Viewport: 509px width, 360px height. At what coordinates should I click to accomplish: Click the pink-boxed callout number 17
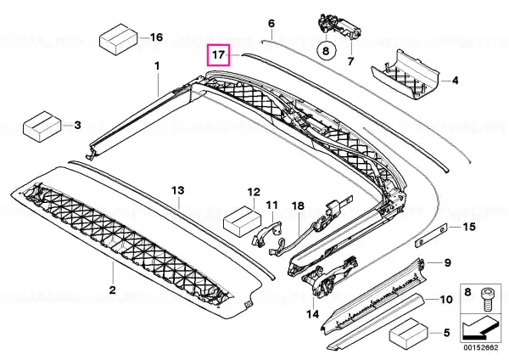coord(219,54)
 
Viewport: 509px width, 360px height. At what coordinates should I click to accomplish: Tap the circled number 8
coord(326,51)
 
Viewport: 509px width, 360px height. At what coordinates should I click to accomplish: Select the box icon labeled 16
coord(119,39)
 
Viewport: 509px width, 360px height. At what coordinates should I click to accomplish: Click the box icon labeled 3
coord(43,127)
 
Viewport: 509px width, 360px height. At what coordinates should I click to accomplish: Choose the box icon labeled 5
coord(409,335)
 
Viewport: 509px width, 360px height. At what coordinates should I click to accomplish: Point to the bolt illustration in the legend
coord(486,298)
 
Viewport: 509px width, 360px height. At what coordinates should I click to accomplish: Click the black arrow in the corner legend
coord(479,329)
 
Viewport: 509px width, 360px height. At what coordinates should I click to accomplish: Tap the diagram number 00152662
coord(480,347)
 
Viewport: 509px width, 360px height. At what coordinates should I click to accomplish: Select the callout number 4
coord(455,81)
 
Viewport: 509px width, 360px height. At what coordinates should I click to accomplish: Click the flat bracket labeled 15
coord(432,235)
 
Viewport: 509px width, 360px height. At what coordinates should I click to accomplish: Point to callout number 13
coord(178,190)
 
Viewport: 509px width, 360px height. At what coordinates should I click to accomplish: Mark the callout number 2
coord(112,290)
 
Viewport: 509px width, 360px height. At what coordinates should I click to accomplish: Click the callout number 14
coord(312,314)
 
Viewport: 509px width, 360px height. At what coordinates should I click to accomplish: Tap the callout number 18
coord(298,205)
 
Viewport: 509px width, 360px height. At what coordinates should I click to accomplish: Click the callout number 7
coord(350,61)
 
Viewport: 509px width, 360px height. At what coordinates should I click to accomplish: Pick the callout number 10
coord(446,299)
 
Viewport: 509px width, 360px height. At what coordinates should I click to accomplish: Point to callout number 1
coord(157,66)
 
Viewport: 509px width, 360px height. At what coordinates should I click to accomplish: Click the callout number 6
coord(271,24)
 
